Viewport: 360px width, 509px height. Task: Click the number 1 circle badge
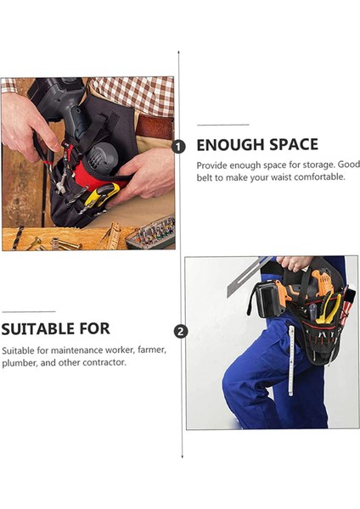(178, 147)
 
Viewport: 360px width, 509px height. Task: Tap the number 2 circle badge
(181, 332)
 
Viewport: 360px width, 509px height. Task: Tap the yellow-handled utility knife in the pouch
(102, 195)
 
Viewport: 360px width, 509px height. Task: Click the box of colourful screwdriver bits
(151, 232)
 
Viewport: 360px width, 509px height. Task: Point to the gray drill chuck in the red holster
(102, 155)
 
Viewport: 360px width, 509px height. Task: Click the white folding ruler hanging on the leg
(291, 361)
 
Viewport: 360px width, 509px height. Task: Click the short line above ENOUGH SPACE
(223, 125)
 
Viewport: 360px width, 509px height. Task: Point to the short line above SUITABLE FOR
(29, 311)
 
